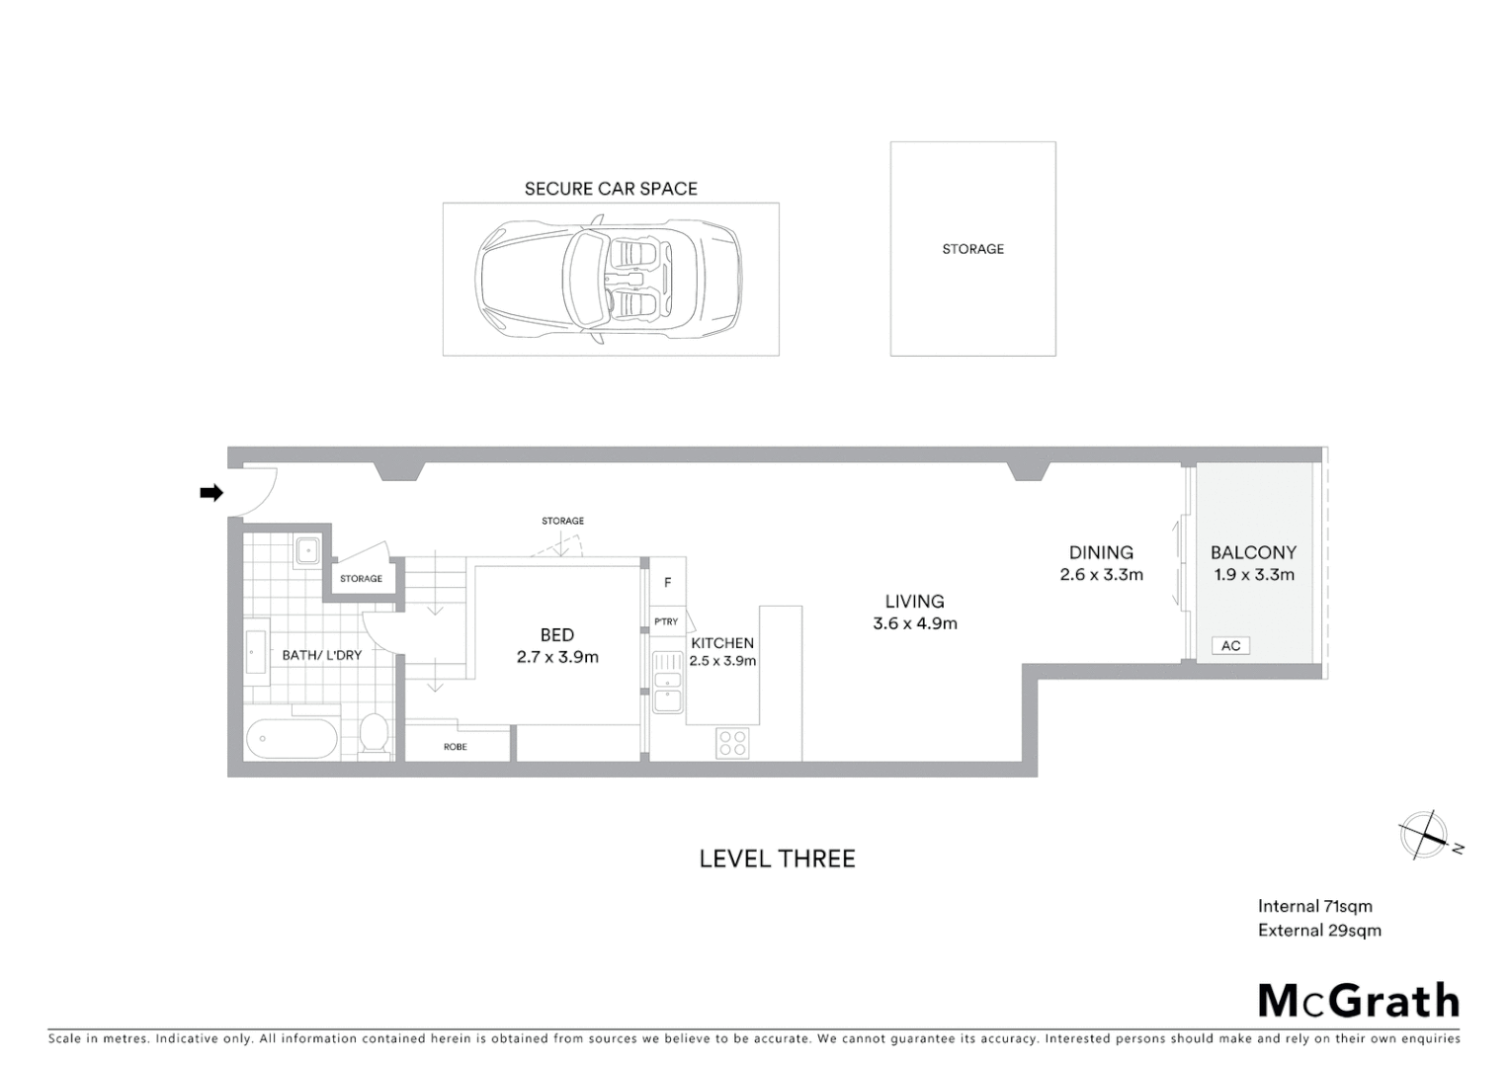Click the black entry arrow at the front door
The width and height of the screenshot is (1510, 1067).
click(210, 493)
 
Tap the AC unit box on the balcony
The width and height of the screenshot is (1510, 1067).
click(1230, 645)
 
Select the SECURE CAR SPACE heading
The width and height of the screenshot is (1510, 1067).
click(611, 189)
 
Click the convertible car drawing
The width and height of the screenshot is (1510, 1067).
click(609, 280)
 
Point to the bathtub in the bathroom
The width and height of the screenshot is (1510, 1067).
click(292, 737)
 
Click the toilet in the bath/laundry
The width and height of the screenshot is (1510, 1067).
click(374, 734)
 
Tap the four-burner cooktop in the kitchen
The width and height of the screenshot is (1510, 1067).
click(732, 743)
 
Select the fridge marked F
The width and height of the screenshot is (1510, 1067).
click(667, 583)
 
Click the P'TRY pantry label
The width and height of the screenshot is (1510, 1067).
click(666, 621)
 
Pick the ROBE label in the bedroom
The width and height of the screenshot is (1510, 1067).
click(455, 747)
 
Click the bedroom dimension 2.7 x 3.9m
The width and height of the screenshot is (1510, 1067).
click(557, 657)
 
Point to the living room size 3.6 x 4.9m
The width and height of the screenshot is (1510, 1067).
click(914, 623)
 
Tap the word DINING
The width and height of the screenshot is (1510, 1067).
click(1101, 552)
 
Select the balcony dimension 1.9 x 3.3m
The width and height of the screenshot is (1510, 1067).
click(1253, 575)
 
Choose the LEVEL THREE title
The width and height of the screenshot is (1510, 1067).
click(777, 859)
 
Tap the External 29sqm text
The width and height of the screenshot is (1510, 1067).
click(1319, 930)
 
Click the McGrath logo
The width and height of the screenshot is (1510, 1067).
click(1359, 1001)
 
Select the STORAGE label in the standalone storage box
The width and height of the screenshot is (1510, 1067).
click(972, 249)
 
